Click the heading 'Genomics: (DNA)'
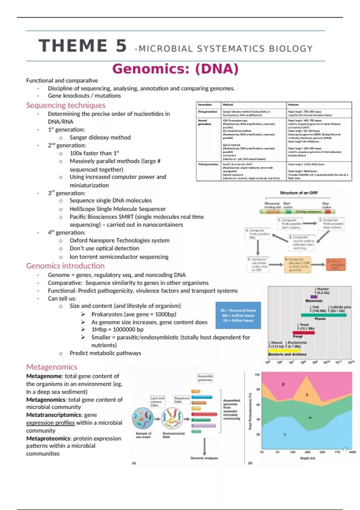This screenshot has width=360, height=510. [175, 69]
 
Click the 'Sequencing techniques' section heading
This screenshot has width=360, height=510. [66, 105]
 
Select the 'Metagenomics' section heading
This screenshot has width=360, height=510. [52, 367]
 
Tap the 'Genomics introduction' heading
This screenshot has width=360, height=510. [65, 266]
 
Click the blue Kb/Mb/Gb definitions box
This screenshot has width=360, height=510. [238, 315]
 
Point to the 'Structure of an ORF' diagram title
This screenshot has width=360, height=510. [299, 193]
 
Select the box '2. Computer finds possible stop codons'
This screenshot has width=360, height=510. [331, 224]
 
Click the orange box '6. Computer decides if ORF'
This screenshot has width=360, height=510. [297, 265]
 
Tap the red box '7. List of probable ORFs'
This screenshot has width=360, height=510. [336, 265]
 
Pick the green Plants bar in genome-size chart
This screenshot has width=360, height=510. [323, 315]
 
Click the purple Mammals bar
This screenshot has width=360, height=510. [314, 297]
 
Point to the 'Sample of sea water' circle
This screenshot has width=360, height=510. [143, 418]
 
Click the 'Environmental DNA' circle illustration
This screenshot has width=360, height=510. [172, 418]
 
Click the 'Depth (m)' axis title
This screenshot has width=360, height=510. [307, 458]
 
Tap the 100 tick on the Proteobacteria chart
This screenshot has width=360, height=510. [257, 375]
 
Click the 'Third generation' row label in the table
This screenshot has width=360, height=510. [208, 164]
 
